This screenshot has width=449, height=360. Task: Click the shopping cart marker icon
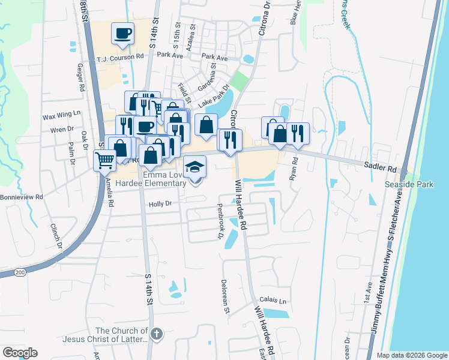coord(104,160)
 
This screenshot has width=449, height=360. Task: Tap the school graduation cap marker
coord(194,166)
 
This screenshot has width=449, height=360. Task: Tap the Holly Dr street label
coord(160,204)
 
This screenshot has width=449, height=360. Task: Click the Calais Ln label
coord(273,301)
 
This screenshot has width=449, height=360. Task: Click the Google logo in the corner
coord(19,353)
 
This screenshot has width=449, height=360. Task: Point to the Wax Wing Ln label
coord(61,113)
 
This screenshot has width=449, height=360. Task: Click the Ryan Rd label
coord(294,169)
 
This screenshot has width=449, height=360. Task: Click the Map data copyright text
coord(412,355)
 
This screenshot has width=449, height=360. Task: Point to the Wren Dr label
coord(62,129)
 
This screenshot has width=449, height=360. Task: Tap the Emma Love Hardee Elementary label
coord(164,179)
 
